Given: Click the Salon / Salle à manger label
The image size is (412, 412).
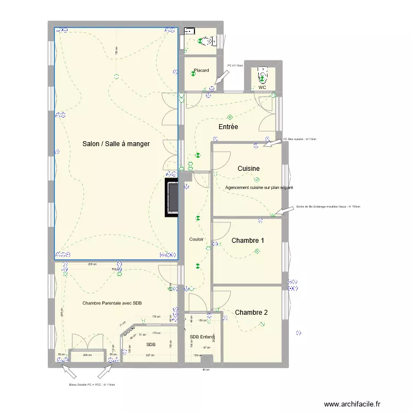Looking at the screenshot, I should pos(116,143).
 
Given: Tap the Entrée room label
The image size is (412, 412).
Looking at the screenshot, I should pos(228,127).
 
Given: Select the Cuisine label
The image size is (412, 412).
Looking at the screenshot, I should pos(248,169).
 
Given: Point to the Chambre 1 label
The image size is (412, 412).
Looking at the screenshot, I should pos(248,241).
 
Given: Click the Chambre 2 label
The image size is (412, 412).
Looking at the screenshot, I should pos(251,313).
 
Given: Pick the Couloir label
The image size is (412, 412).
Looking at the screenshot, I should pos(197,239).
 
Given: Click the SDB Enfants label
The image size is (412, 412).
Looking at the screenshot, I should pos(202,337).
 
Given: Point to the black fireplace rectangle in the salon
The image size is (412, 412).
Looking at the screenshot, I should pos(172,196).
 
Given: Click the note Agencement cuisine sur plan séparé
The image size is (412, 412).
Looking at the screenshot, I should pos(259,188).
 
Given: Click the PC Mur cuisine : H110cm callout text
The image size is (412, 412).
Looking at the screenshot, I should pos(300,139).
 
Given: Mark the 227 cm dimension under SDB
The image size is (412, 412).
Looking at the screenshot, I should pos(149,355).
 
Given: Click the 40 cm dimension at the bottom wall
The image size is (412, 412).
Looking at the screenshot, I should pos(206,370).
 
